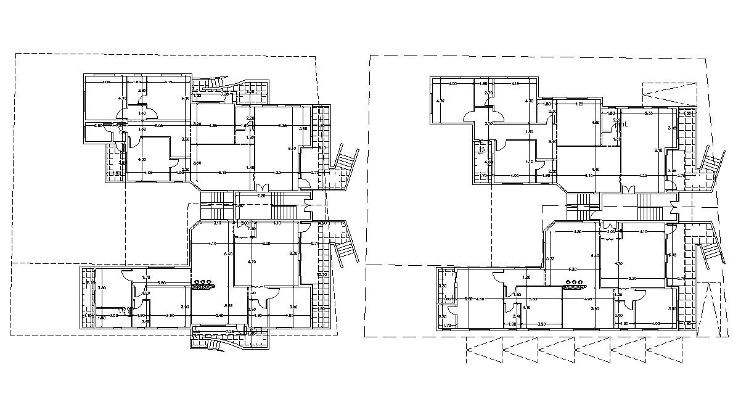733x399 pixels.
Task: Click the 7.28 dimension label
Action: [261, 196]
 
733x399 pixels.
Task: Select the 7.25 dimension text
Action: [229, 332]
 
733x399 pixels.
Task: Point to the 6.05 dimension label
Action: [158, 126]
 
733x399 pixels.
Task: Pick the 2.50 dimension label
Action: [98, 126]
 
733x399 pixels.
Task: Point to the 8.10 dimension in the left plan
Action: [292, 149]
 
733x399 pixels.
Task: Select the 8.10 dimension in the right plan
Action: [658, 150]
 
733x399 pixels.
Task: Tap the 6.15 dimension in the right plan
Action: [589, 176]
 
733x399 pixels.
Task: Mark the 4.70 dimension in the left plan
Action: [252, 262]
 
